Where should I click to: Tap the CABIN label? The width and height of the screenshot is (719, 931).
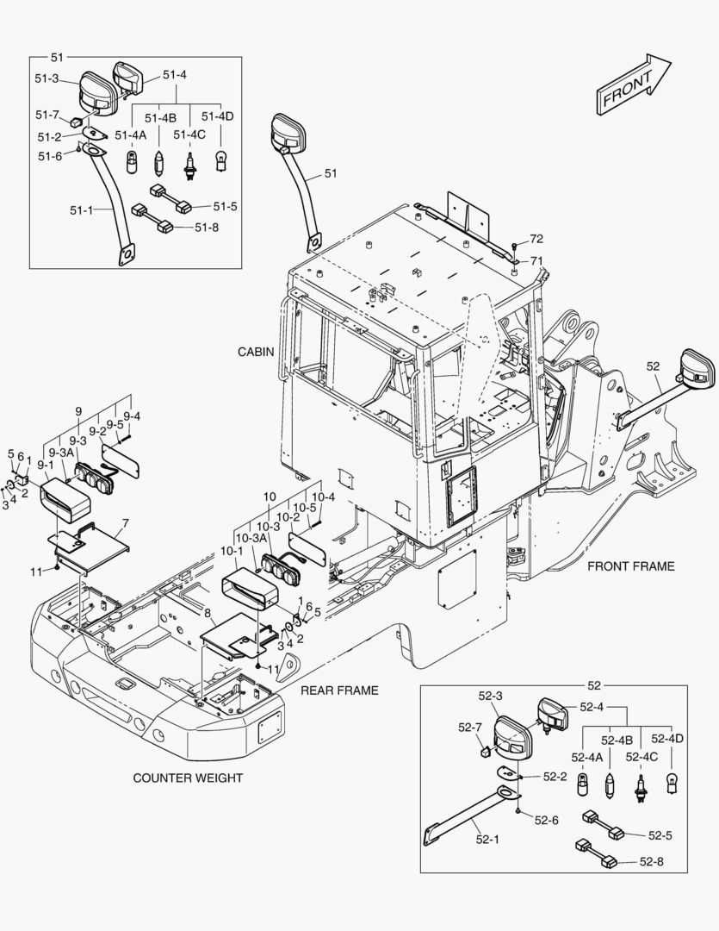pyautogui.click(x=256, y=352)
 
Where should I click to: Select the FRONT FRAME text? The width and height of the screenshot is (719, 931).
pyautogui.click(x=630, y=566)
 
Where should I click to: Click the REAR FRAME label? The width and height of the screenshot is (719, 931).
pyautogui.click(x=339, y=690)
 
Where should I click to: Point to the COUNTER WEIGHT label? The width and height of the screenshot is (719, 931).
pyautogui.click(x=188, y=778)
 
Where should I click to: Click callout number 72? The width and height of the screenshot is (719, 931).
pyautogui.click(x=536, y=238)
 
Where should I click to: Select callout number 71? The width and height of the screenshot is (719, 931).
pyautogui.click(x=536, y=260)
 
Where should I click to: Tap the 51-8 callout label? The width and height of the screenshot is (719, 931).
pyautogui.click(x=207, y=227)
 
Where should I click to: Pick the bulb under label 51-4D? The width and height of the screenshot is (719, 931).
pyautogui.click(x=221, y=160)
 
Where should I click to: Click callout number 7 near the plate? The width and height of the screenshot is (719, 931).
pyautogui.click(x=126, y=523)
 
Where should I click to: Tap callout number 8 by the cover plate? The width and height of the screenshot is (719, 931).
pyautogui.click(x=207, y=613)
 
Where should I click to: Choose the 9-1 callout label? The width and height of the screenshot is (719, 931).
pyautogui.click(x=45, y=465)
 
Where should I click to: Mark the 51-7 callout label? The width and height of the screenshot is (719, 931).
pyautogui.click(x=47, y=115)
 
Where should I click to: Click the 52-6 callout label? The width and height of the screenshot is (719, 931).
pyautogui.click(x=546, y=820)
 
